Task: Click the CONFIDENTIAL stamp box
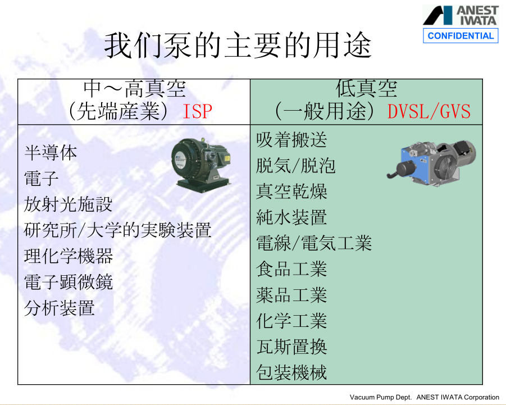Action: tap(461, 35)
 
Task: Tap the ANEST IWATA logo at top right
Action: tap(460, 16)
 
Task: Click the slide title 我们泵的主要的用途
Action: tap(238, 45)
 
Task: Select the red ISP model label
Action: tap(197, 112)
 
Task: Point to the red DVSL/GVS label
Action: tap(429, 112)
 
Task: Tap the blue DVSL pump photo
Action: tap(431, 163)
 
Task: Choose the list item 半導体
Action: tap(51, 153)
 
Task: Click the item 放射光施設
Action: tap(68, 204)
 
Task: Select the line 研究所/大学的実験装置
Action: tap(117, 230)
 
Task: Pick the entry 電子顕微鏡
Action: tap(69, 282)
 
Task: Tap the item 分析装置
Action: tap(60, 308)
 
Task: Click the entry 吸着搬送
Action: tap(291, 140)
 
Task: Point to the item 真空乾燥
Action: tap(291, 192)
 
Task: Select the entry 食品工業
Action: tap(291, 269)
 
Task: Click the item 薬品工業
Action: tap(291, 295)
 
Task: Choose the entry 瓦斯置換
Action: tap(291, 347)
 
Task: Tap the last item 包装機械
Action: tap(291, 372)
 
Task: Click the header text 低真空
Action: tap(366, 88)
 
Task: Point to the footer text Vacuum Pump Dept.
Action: tap(381, 397)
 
